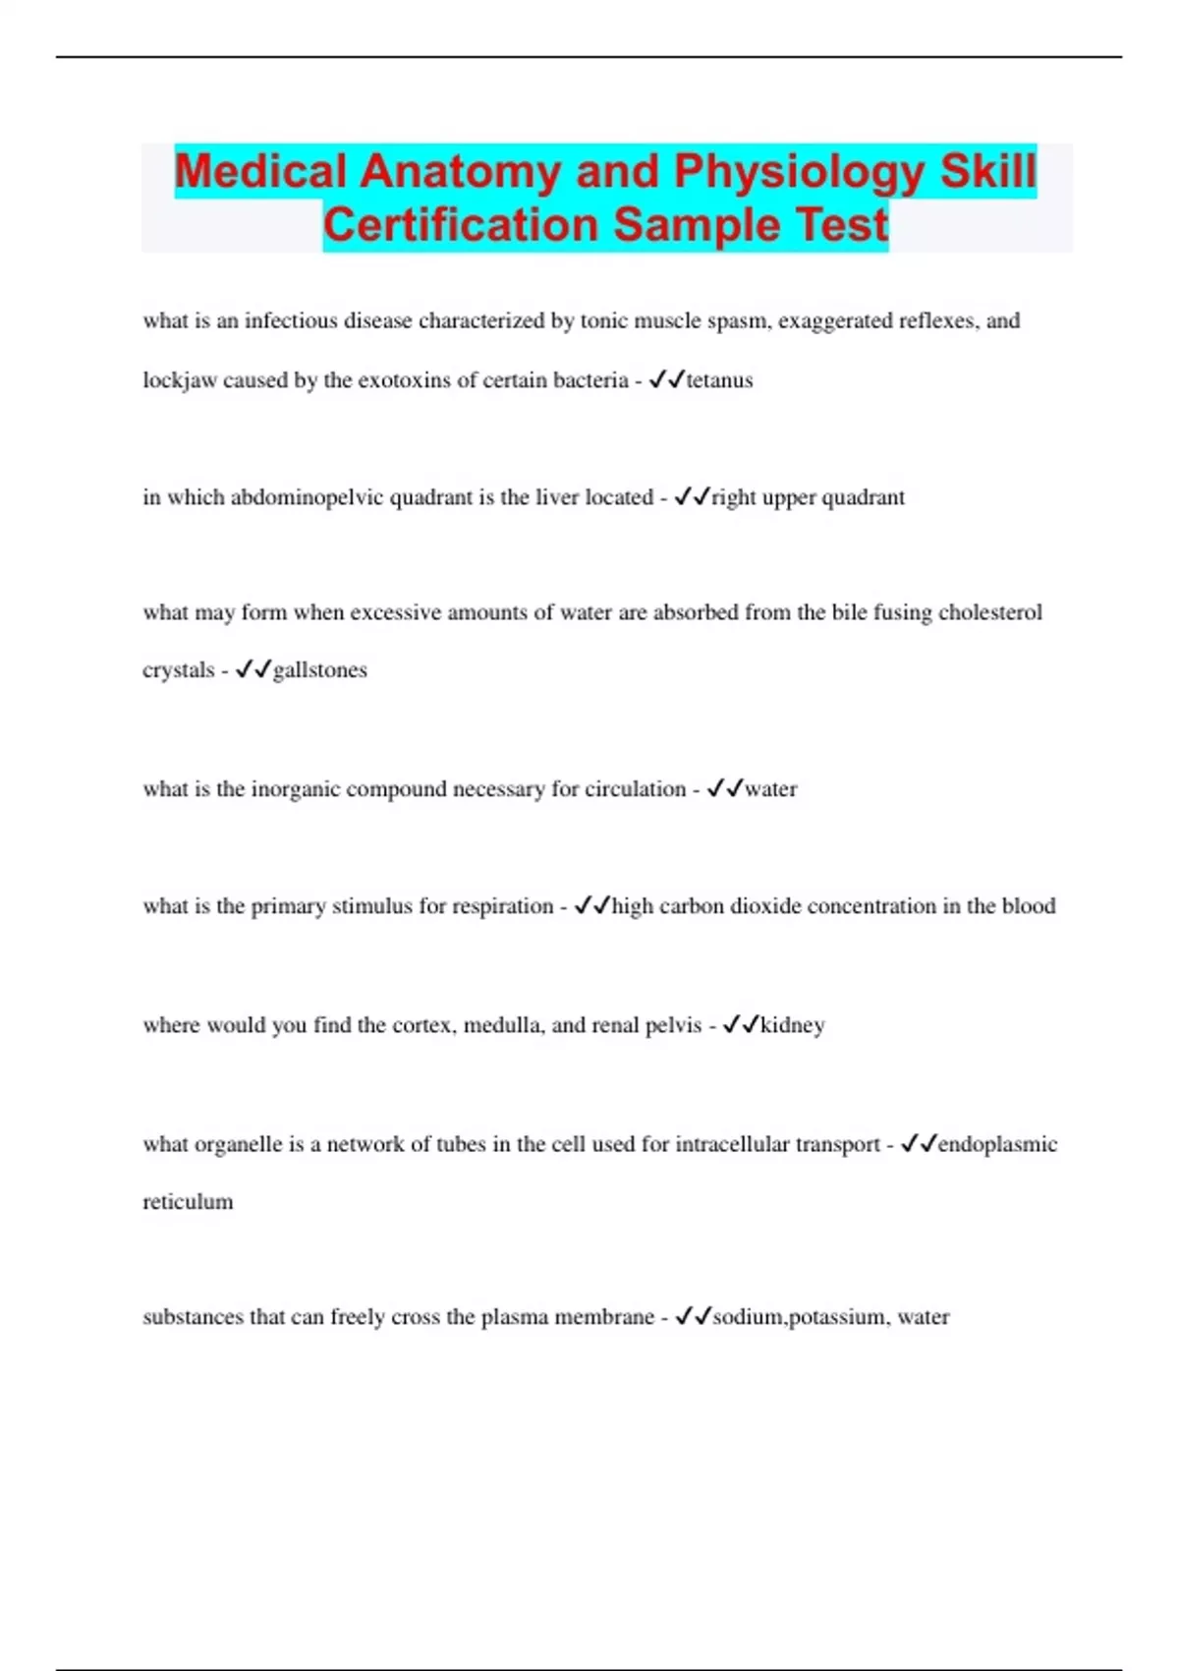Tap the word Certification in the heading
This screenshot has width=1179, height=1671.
click(x=460, y=225)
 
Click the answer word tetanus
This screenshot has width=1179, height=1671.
click(x=719, y=380)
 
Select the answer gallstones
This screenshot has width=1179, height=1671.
click(x=319, y=670)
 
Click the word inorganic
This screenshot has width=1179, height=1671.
click(x=296, y=789)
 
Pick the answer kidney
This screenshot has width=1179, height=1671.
click(x=792, y=1025)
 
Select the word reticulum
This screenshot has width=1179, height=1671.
click(x=188, y=1202)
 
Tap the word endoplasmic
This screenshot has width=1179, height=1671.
click(x=997, y=1144)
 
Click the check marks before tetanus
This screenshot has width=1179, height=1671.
click(x=666, y=380)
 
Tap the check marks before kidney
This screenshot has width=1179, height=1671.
click(x=740, y=1025)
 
